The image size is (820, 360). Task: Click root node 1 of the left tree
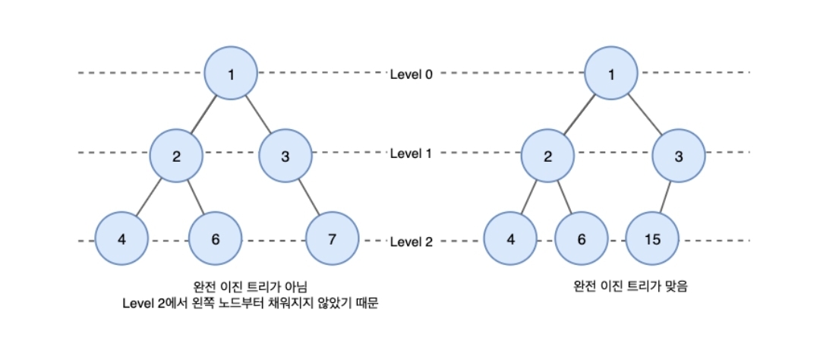click(232, 74)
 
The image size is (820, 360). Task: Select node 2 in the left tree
click(176, 156)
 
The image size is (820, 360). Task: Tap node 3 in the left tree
click(285, 156)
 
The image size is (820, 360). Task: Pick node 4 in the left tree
click(121, 239)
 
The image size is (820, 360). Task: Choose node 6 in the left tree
click(216, 239)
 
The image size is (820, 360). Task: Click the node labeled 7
click(331, 239)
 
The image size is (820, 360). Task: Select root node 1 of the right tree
click(610, 74)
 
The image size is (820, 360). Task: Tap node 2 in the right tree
click(547, 156)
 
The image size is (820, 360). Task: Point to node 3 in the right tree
click(679, 156)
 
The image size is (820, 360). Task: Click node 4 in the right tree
click(510, 239)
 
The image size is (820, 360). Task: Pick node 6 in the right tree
click(582, 239)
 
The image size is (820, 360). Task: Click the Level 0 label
click(411, 74)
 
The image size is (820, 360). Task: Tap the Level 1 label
click(411, 153)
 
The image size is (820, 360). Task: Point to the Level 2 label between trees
click(411, 242)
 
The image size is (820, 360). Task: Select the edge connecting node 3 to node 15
click(666, 198)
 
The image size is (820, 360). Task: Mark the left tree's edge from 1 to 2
click(204, 115)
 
